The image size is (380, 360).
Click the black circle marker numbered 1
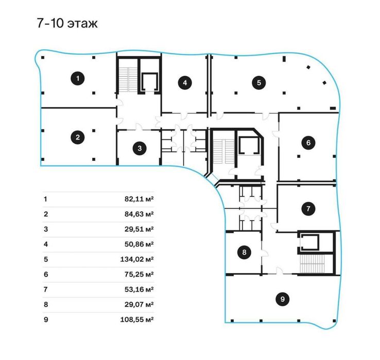pyautogui.click(x=78, y=79)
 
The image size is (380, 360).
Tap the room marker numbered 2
pyautogui.click(x=78, y=137)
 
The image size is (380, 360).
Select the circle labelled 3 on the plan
pyautogui.click(x=140, y=148)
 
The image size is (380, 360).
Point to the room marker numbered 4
pyautogui.click(x=185, y=83)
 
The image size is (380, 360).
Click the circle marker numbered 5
pyautogui.click(x=259, y=83)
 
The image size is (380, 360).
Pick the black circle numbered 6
pyautogui.click(x=308, y=142)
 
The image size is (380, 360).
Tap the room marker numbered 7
pyautogui.click(x=308, y=208)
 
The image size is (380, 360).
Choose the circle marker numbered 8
pyautogui.click(x=244, y=253)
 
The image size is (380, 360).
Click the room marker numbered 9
pyautogui.click(x=283, y=299)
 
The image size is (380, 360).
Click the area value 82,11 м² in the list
pyautogui.click(x=139, y=199)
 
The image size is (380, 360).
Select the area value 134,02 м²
pyautogui.click(x=137, y=259)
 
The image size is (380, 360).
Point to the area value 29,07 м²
pyautogui.click(x=139, y=304)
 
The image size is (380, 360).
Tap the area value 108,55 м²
pyautogui.click(x=137, y=319)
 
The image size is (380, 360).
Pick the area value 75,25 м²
pyautogui.click(x=139, y=274)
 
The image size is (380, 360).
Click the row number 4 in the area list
pyautogui.click(x=46, y=244)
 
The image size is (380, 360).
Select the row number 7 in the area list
pyautogui.click(x=46, y=290)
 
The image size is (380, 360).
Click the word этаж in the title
pyautogui.click(x=82, y=24)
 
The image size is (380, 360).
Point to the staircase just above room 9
pyautogui.click(x=312, y=264)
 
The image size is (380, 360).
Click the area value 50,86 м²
pyautogui.click(x=139, y=244)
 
